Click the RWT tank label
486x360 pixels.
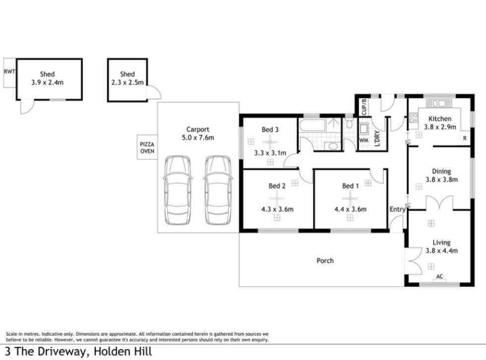9,72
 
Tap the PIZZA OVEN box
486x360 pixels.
147,147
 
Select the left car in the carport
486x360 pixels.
178,190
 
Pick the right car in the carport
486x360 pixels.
218,190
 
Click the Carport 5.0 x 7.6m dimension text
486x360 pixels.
198,138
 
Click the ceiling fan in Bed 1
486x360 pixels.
350,199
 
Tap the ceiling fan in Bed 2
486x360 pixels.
277,199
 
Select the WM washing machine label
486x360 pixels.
363,140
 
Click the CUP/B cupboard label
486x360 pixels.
364,107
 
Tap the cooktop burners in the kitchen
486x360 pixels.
413,118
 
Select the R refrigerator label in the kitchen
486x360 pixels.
465,139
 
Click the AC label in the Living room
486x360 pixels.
439,276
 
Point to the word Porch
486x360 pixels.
325,261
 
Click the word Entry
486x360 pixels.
397,210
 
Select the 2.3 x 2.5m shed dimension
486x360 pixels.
128,82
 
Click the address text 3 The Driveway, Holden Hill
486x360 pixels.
79,352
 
